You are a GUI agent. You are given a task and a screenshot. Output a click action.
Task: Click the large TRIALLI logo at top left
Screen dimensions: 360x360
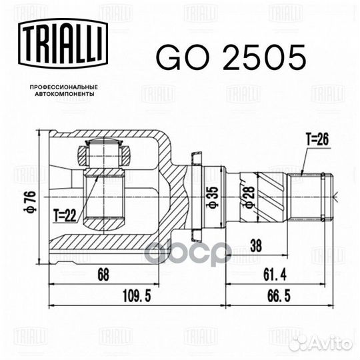pos(63,43)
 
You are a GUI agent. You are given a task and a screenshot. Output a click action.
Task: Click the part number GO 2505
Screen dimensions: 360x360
pos(231,57)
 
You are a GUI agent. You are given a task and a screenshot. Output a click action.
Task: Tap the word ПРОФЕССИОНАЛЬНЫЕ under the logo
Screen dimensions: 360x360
pos(64,87)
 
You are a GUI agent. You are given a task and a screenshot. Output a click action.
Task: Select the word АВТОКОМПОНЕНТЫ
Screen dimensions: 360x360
pos(65,94)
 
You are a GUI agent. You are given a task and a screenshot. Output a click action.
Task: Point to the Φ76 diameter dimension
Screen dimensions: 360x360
pos(30,201)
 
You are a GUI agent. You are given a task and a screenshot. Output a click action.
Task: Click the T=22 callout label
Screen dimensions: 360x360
pos(65,215)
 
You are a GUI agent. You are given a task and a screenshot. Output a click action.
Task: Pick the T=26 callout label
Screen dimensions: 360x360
pos(317,139)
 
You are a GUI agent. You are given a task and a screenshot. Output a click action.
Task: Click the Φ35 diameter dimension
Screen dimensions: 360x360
pos(213,197)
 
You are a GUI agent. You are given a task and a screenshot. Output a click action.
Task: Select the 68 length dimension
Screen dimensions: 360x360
pos(103,275)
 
